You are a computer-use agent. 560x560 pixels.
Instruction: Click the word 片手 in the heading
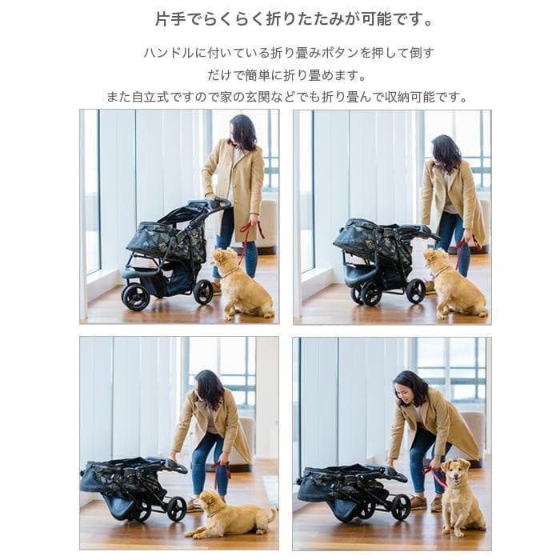coord(170,18)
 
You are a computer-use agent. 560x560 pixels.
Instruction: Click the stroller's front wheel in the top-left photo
coord(135,297)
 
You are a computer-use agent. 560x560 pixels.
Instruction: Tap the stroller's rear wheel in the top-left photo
coord(203,291)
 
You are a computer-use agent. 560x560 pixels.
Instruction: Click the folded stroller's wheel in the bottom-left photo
coord(176,509)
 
